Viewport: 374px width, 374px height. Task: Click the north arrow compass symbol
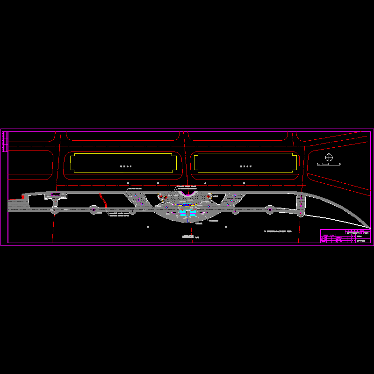coord(330,158)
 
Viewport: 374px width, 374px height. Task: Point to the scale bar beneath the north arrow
coord(329,165)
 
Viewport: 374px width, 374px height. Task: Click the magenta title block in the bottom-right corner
coord(345,236)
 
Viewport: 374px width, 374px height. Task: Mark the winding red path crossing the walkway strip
coord(103,200)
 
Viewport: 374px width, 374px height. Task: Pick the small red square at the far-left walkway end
coord(23,197)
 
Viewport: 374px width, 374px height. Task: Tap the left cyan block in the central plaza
coord(183,213)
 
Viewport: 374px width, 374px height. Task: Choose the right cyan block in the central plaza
coord(194,213)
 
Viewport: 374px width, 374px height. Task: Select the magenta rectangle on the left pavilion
coord(56,194)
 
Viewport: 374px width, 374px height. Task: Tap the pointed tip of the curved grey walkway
coord(369,229)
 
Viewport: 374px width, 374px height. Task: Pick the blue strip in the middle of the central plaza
coord(187,204)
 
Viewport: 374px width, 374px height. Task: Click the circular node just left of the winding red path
coord(93,210)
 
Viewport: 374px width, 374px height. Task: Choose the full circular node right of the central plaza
coord(270,210)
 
